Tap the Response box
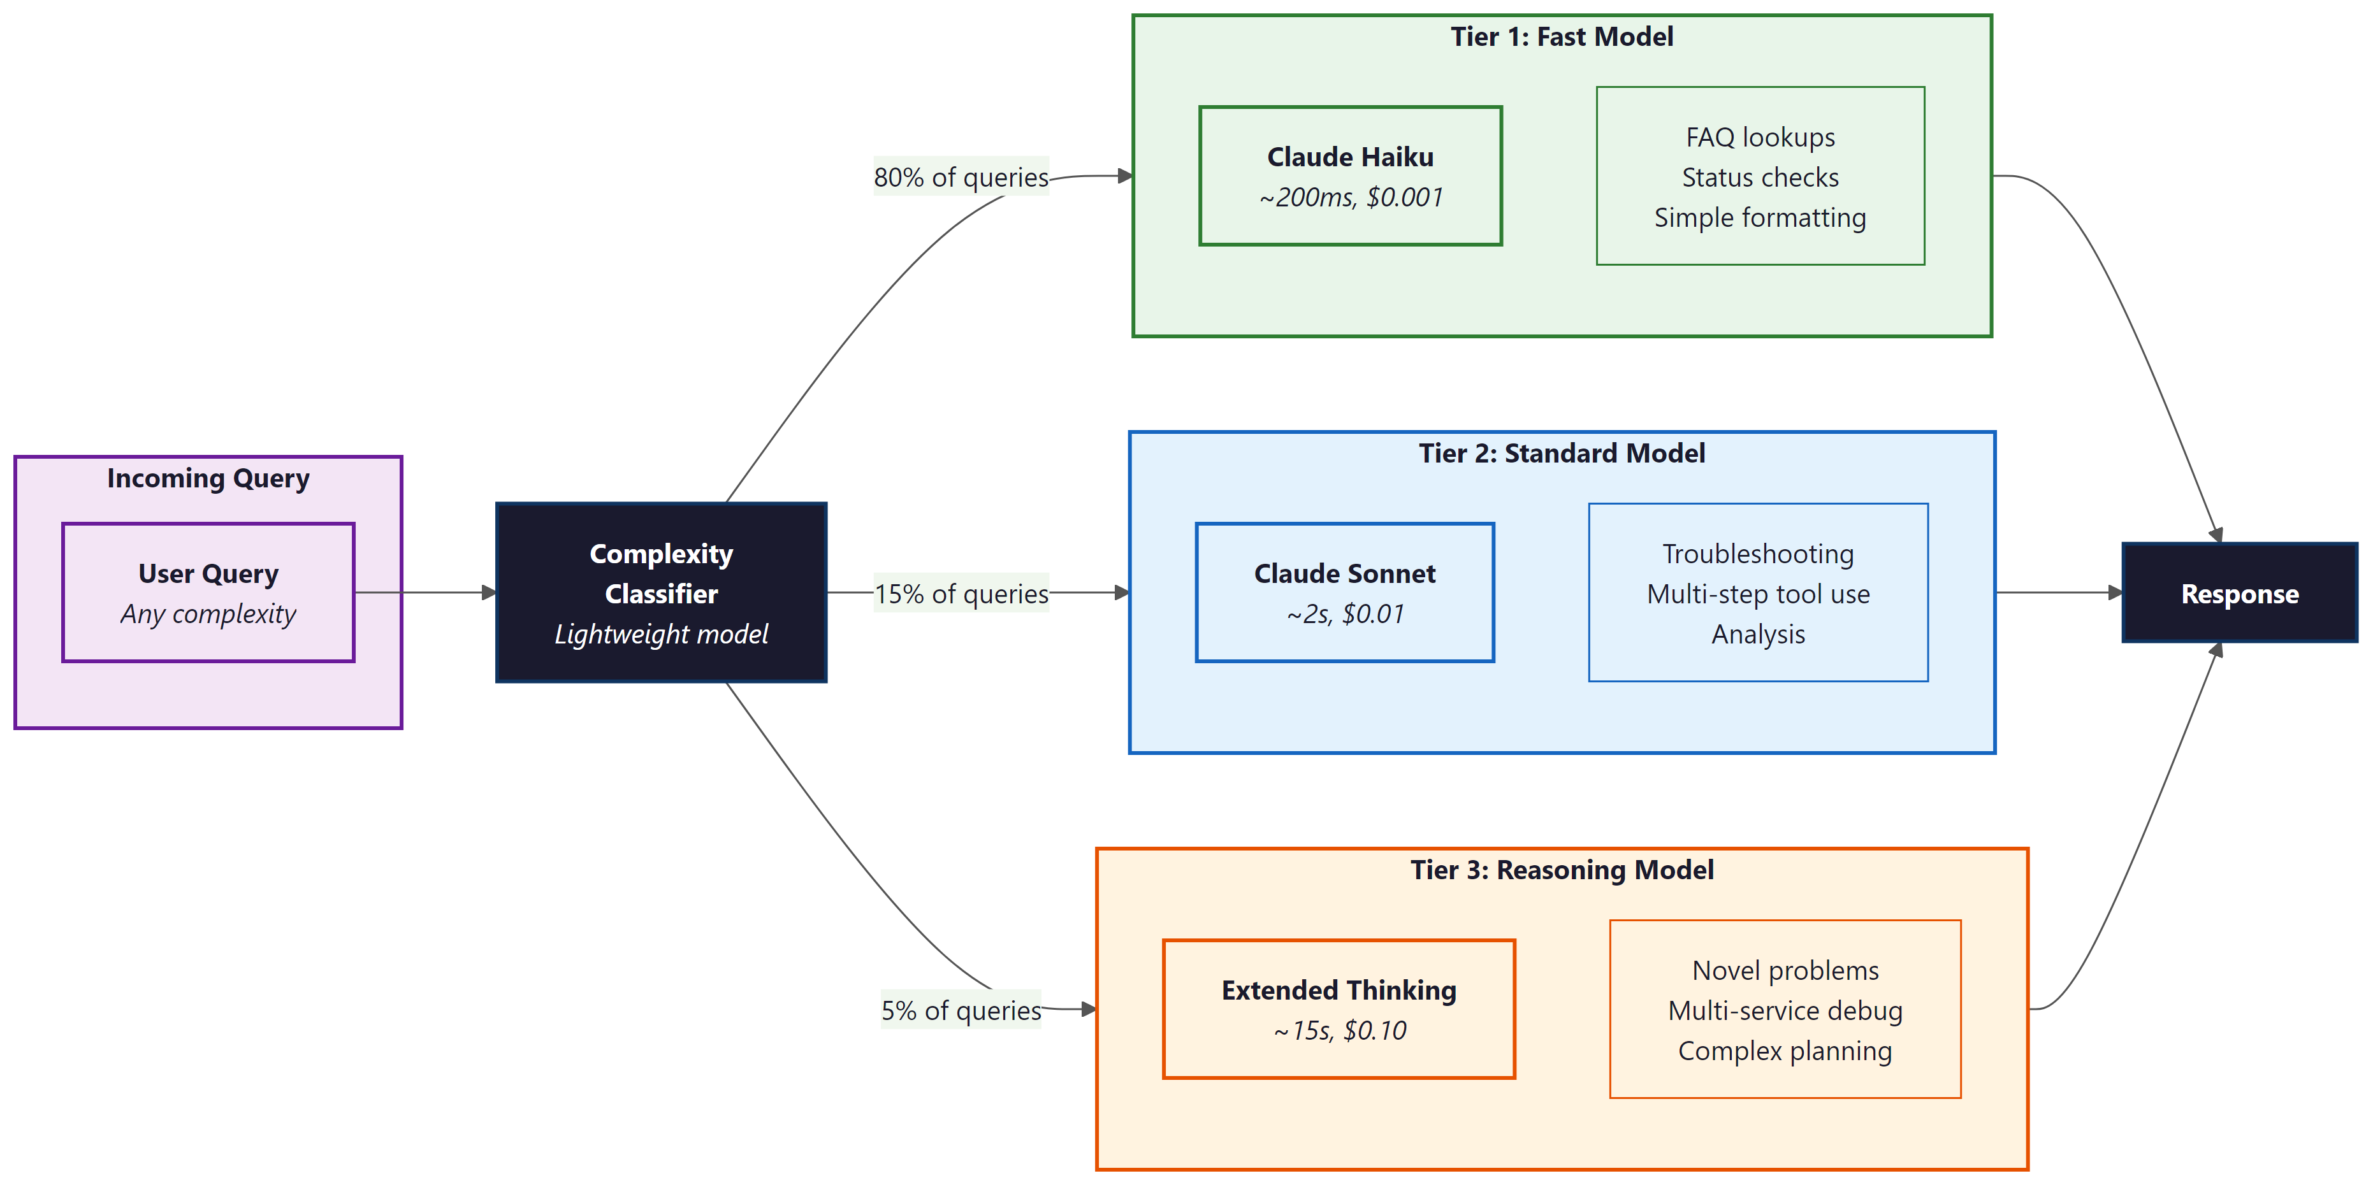pos(2239,593)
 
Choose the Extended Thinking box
pos(1339,1009)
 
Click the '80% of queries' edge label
pos(961,176)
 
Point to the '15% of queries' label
pos(961,594)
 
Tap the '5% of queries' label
pos(961,1010)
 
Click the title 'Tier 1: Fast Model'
pos(1562,37)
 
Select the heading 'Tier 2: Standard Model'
pos(1562,453)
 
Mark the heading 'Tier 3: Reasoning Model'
pos(1562,870)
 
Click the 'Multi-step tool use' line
pos(1758,594)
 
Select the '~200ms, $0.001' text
pos(1351,197)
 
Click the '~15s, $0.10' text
pos(1339,1030)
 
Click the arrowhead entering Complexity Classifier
pos(489,593)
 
